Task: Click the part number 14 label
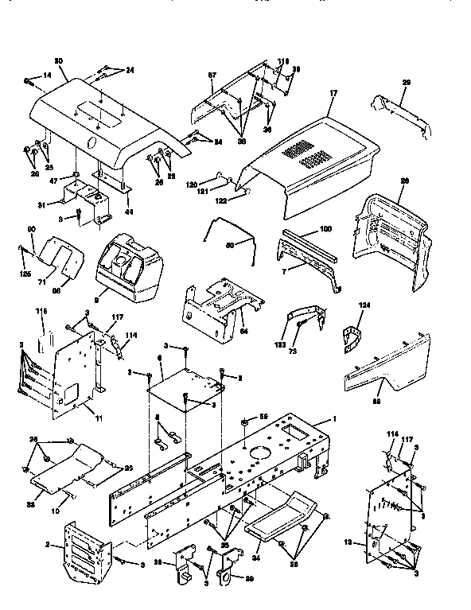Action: click(46, 74)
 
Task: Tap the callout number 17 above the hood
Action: click(333, 93)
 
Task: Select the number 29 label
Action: click(406, 82)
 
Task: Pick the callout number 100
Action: click(325, 230)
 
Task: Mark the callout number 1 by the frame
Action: click(334, 420)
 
